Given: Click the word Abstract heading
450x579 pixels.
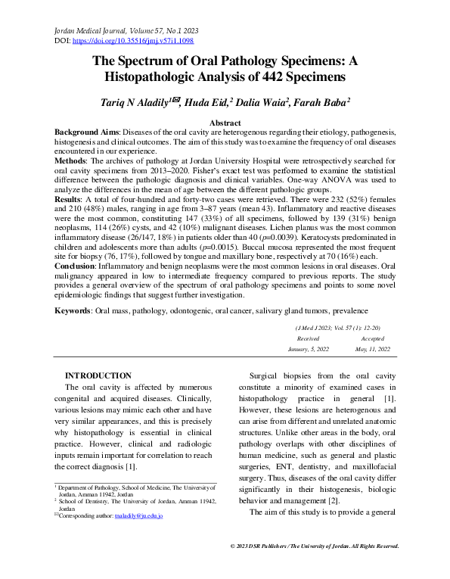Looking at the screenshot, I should pyautogui.click(x=225, y=122).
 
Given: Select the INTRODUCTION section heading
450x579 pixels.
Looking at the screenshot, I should pyautogui.click(x=98, y=376).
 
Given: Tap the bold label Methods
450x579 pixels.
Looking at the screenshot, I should pyautogui.click(x=73, y=162).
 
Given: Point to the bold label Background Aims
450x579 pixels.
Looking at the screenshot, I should pyautogui.click(x=87, y=131).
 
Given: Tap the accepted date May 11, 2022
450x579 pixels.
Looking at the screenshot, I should pyautogui.click(x=372, y=349).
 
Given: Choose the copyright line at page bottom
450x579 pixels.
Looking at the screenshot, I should pyautogui.click(x=314, y=546).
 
